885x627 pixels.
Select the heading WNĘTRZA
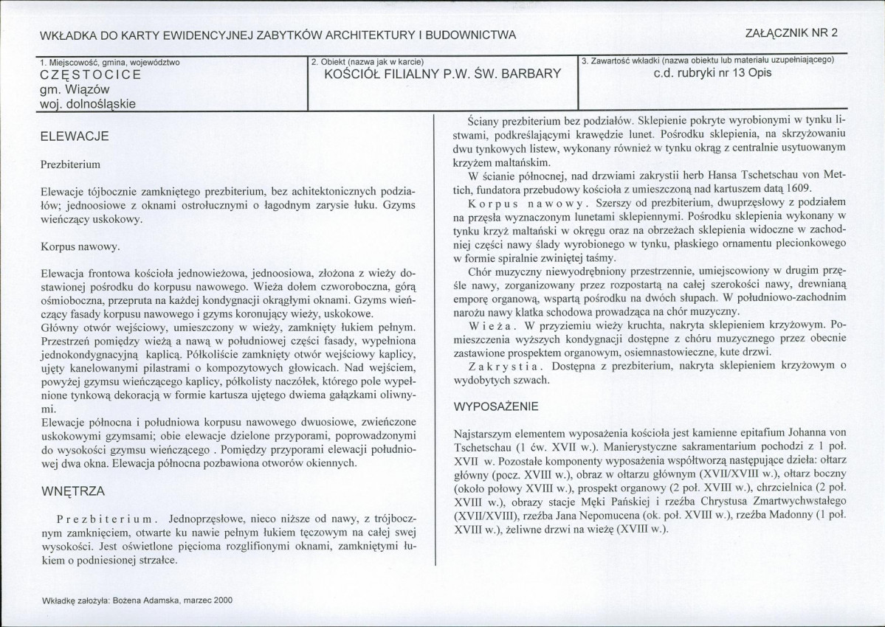(x=72, y=490)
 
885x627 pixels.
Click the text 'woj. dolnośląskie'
(x=88, y=104)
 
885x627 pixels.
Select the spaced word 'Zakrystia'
(x=499, y=366)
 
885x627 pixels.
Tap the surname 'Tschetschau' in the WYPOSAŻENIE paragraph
(x=483, y=447)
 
